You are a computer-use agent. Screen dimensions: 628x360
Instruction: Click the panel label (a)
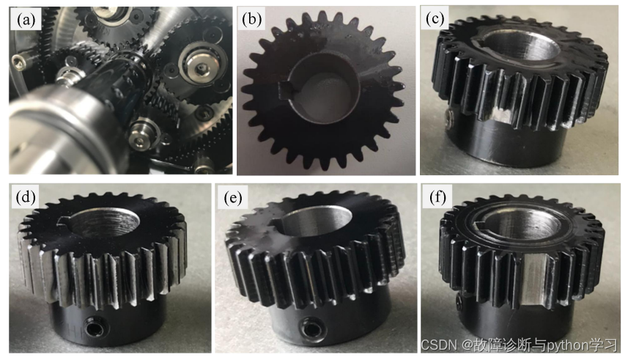click(x=26, y=20)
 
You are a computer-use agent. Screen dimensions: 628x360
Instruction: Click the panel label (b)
click(x=252, y=20)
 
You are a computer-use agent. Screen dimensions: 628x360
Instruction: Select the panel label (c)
click(x=434, y=19)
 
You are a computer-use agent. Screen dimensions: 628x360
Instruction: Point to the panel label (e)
click(x=233, y=198)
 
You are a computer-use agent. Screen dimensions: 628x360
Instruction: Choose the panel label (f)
click(x=437, y=197)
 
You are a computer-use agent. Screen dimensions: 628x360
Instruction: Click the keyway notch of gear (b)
click(x=286, y=89)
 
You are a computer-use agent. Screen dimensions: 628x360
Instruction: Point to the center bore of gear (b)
click(x=324, y=89)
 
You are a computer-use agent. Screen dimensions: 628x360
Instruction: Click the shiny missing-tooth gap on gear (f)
click(x=535, y=276)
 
